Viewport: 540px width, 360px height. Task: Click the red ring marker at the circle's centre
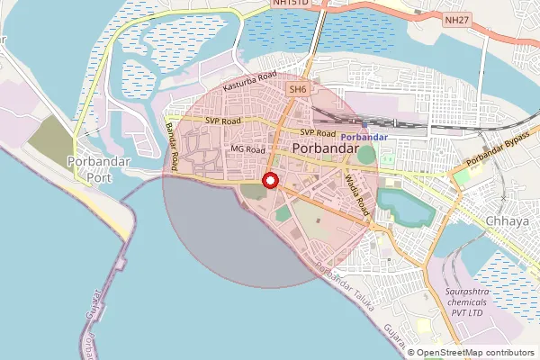click(269, 181)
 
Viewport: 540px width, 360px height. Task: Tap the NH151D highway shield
click(291, 4)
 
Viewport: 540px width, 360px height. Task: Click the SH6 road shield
click(298, 90)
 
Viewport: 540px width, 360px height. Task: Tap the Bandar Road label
click(171, 144)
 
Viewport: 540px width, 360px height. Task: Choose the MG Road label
click(247, 149)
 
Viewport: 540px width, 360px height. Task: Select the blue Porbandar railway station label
click(364, 136)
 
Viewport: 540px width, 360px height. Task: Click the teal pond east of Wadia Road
click(403, 206)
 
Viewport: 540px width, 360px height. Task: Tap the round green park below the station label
click(366, 154)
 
